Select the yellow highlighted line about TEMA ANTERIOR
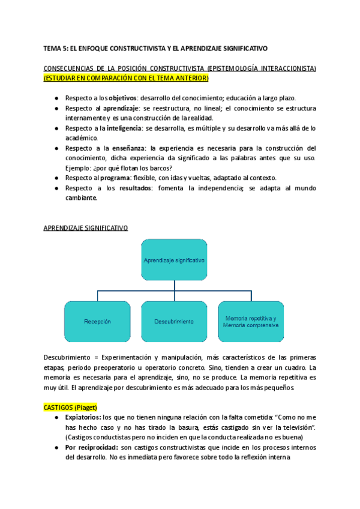click(x=126, y=78)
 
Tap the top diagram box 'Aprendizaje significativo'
click(x=175, y=261)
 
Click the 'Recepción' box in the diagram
click(x=98, y=321)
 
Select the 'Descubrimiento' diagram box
click(x=174, y=321)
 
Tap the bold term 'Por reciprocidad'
click(x=91, y=447)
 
